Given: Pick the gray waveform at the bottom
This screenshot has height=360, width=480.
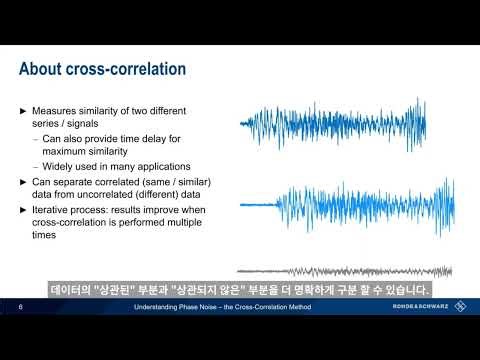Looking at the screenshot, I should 340,271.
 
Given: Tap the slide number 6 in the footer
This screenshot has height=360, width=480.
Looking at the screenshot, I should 20,307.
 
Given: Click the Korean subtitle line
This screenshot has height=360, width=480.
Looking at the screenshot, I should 240,291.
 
